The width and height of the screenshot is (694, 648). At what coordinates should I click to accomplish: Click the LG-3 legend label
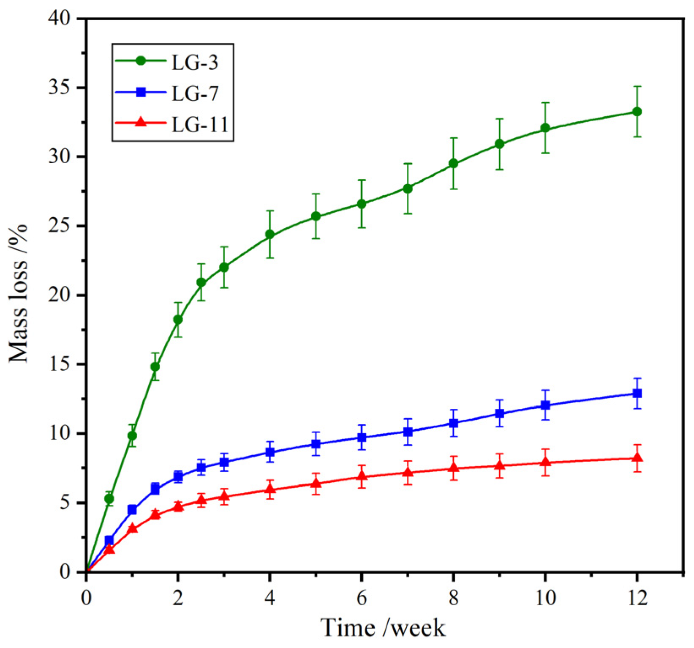(x=195, y=62)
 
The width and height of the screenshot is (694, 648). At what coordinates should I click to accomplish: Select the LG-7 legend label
(x=195, y=93)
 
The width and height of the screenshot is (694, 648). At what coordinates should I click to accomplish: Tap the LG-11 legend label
(x=200, y=124)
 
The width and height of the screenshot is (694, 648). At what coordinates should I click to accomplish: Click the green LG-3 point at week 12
(x=637, y=112)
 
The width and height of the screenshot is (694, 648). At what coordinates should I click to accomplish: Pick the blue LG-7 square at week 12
(x=637, y=393)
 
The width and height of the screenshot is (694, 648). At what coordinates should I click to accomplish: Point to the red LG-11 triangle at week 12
(x=637, y=458)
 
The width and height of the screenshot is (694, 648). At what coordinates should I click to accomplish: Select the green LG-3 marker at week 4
(x=269, y=235)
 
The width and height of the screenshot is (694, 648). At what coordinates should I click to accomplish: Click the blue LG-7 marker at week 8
(x=453, y=423)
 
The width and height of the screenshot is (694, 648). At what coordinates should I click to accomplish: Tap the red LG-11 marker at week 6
(x=362, y=476)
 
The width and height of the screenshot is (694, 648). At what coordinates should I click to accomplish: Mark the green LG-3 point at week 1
(x=132, y=436)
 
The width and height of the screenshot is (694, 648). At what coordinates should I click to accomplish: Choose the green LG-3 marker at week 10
(x=545, y=128)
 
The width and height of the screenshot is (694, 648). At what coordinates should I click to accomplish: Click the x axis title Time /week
(x=383, y=628)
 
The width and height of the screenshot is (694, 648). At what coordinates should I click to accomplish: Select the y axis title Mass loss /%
(x=19, y=293)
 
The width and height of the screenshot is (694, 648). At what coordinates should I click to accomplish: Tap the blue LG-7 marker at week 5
(x=316, y=444)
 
